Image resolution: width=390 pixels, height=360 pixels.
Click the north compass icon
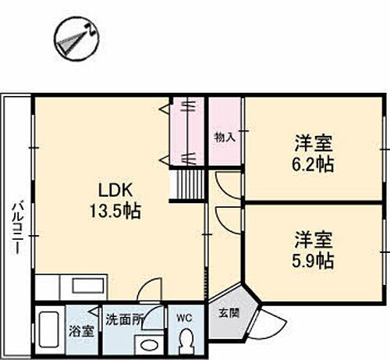pyautogui.click(x=76, y=36)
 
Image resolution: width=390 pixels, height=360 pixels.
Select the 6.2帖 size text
pyautogui.click(x=314, y=164)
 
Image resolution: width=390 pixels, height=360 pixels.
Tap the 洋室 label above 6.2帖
pyautogui.click(x=314, y=144)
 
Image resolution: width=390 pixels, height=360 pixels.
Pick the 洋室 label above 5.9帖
pyautogui.click(x=314, y=237)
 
